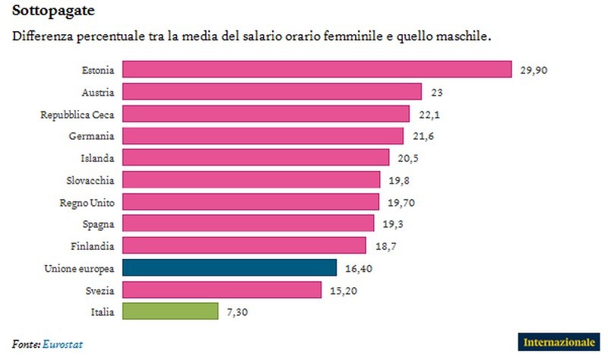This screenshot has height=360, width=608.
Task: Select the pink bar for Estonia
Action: pos(316,70)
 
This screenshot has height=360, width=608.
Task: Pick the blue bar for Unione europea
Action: pos(229,267)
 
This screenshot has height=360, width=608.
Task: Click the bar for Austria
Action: pos(271,92)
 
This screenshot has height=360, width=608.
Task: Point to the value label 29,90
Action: pos(534,70)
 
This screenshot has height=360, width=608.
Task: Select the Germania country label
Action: pos(93,136)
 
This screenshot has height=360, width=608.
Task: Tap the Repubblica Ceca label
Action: pos(78,114)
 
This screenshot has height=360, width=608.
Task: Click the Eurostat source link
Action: pos(62,344)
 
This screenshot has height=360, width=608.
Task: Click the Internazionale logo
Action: pos(559,343)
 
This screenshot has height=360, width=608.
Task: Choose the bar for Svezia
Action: pos(221,289)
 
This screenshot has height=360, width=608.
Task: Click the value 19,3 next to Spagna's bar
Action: pos(393,224)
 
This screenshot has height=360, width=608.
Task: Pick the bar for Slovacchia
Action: pos(251,180)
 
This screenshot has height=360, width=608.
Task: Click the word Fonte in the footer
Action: pos(25,344)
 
